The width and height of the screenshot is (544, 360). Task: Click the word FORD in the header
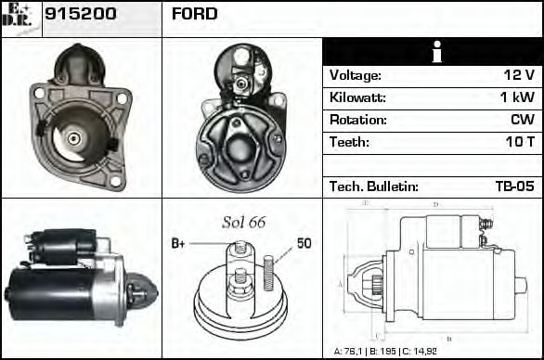coord(195,14)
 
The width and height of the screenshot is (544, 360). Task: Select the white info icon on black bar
coord(434,53)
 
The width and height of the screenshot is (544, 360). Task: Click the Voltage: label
coord(356,75)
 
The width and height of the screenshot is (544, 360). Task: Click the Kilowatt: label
coord(357,97)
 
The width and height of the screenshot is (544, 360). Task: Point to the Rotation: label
coord(357,120)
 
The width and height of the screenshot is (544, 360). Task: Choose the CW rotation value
coord(523,120)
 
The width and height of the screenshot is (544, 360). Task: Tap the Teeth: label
coord(349,142)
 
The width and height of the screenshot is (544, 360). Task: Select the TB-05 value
coord(514,186)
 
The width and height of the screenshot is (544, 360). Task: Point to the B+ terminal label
coord(179,243)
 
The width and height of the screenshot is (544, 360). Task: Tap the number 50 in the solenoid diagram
coord(304,243)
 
